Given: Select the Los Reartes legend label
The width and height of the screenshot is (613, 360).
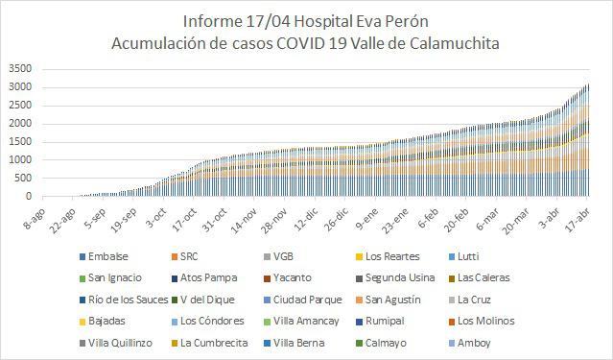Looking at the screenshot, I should [392, 256].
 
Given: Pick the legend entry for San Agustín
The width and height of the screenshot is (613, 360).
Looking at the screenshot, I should [393, 299].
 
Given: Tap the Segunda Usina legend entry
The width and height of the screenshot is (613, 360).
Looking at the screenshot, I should [397, 277].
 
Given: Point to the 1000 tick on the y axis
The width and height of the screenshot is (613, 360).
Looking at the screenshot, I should [18, 160].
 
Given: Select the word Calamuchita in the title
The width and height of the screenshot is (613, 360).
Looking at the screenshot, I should [442, 43].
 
